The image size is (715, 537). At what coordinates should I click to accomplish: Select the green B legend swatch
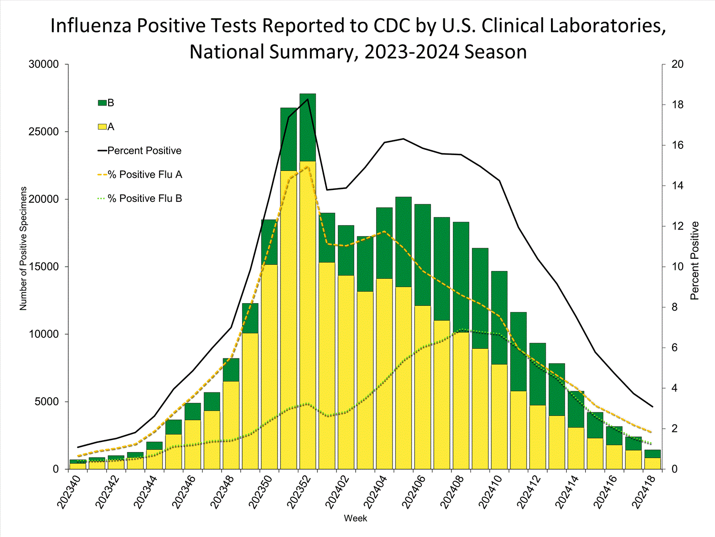(102, 103)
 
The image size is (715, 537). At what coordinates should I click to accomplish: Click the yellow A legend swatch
(102, 127)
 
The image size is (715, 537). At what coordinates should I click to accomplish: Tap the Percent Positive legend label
(144, 151)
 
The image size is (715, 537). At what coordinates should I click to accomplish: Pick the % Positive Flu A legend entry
(145, 175)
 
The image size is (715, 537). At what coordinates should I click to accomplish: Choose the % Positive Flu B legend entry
(145, 199)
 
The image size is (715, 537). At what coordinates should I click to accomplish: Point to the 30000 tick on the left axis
(44, 64)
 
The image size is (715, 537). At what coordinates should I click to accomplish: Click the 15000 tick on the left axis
(44, 267)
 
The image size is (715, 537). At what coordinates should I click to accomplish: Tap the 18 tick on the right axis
(677, 105)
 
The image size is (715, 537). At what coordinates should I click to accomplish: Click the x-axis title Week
(356, 518)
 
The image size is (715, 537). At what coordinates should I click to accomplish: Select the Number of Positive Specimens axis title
(23, 248)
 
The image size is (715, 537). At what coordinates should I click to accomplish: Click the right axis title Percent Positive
(695, 261)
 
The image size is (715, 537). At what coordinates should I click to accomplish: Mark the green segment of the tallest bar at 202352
(307, 127)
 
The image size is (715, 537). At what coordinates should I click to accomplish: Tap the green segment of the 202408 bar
(461, 277)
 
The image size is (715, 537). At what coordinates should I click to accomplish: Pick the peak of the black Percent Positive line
(308, 99)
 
